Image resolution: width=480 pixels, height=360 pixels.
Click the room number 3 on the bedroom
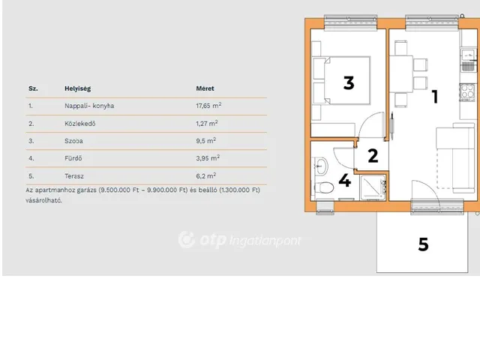click(x=348, y=82)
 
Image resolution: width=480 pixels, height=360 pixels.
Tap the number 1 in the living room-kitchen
click(x=434, y=96)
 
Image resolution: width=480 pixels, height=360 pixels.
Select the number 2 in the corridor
click(x=372, y=156)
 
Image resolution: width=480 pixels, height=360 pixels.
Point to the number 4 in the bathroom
click(x=344, y=180)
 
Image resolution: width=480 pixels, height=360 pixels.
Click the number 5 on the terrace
click(x=423, y=244)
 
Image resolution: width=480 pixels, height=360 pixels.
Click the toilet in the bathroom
click(x=324, y=187)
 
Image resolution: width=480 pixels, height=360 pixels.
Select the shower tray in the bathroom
click(x=373, y=187)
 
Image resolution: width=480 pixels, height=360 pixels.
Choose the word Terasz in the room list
click(x=76, y=175)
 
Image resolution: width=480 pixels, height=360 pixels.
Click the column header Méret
click(x=205, y=88)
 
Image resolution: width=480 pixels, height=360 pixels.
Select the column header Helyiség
click(x=77, y=88)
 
